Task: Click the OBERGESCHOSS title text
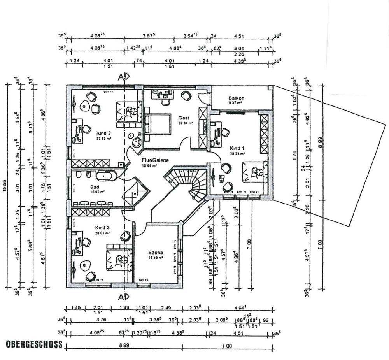point(34,344)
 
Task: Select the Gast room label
point(184,118)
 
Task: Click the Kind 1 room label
point(237,148)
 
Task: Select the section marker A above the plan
point(123,76)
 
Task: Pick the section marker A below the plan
point(123,297)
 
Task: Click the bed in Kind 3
point(117,257)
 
